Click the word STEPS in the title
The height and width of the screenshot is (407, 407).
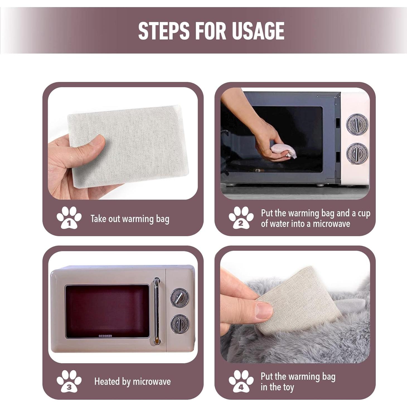pyautogui.click(x=164, y=31)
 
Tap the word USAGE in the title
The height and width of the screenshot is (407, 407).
pyautogui.click(x=258, y=31)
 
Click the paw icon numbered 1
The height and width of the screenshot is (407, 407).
pyautogui.click(x=69, y=218)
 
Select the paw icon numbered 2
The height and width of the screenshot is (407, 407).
pyautogui.click(x=241, y=218)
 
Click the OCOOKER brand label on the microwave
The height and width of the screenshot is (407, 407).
pyautogui.click(x=105, y=336)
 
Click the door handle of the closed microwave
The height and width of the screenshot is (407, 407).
pyautogui.click(x=156, y=311)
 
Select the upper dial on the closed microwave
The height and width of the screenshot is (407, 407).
pyautogui.click(x=180, y=298)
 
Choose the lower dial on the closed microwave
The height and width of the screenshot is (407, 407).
pyautogui.click(x=180, y=324)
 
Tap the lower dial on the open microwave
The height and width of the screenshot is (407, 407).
pyautogui.click(x=357, y=153)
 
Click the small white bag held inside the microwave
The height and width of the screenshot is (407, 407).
pyautogui.click(x=284, y=151)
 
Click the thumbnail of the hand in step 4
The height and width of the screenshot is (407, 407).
pyautogui.click(x=264, y=311)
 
